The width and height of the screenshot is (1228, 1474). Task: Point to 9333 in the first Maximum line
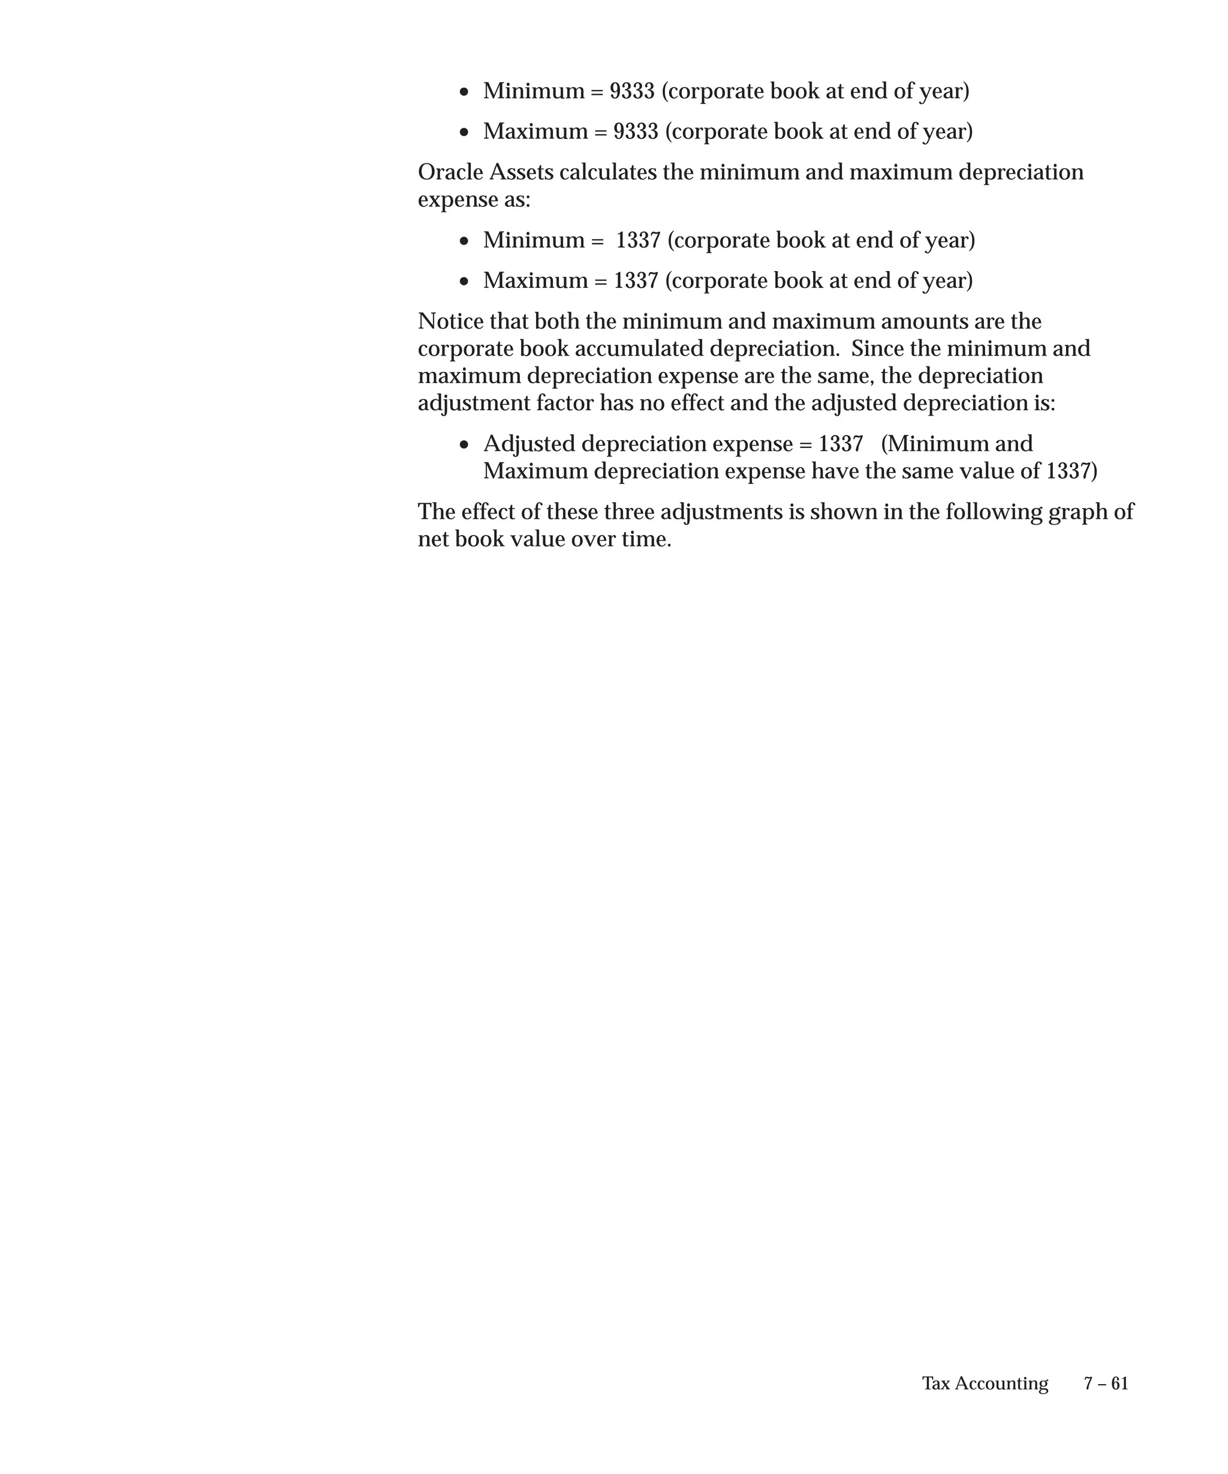[636, 132]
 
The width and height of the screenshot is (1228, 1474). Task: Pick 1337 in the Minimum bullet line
[638, 240]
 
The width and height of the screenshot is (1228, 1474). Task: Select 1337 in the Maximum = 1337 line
[636, 281]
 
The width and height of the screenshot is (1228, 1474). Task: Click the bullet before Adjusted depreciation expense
[464, 445]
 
